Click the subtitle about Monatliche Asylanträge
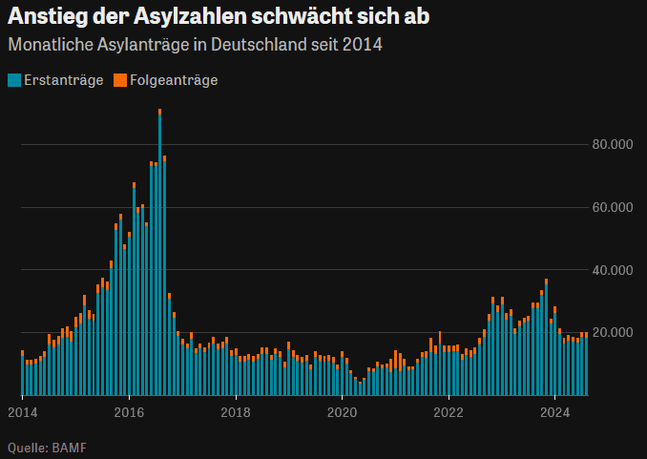click(x=196, y=45)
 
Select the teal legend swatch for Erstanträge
click(x=13, y=80)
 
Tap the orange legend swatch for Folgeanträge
click(x=119, y=80)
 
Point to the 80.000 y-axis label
click(x=613, y=145)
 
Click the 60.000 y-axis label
click(x=613, y=207)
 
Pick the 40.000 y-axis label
click(x=613, y=270)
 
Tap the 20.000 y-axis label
click(x=613, y=332)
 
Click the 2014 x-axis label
click(x=22, y=412)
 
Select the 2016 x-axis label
click(x=129, y=412)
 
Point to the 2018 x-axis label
click(x=236, y=412)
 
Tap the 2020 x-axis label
click(x=343, y=412)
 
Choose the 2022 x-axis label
click(x=449, y=412)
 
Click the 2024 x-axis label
click(x=555, y=412)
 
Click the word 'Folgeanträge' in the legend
click(x=174, y=80)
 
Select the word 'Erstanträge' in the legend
click(x=63, y=80)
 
